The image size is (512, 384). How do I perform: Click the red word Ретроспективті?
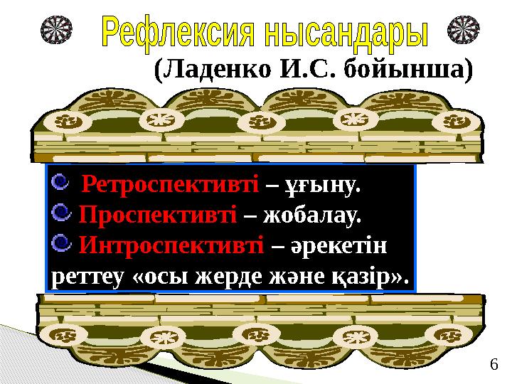pyautogui.click(x=170, y=186)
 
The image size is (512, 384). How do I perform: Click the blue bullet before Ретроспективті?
pyautogui.click(x=62, y=184)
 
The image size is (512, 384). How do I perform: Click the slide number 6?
pyautogui.click(x=493, y=366)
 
